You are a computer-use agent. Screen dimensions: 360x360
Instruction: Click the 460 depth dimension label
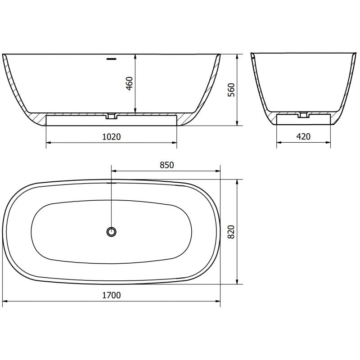pos(130,83)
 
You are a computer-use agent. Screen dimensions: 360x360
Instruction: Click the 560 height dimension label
pos(231,90)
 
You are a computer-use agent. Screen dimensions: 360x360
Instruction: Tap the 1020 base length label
pos(111,137)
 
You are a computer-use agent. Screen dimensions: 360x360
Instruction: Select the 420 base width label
pos(303,137)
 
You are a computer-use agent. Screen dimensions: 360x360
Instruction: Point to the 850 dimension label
pos(167,165)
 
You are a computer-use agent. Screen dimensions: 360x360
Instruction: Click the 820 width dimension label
pos(231,232)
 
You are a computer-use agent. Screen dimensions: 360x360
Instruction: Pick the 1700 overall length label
pos(111,295)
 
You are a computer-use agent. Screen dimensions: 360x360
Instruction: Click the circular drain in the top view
pos(112,232)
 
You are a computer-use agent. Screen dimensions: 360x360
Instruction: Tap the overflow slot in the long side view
pos(112,59)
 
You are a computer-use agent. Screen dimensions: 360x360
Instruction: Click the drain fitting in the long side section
pos(112,116)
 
